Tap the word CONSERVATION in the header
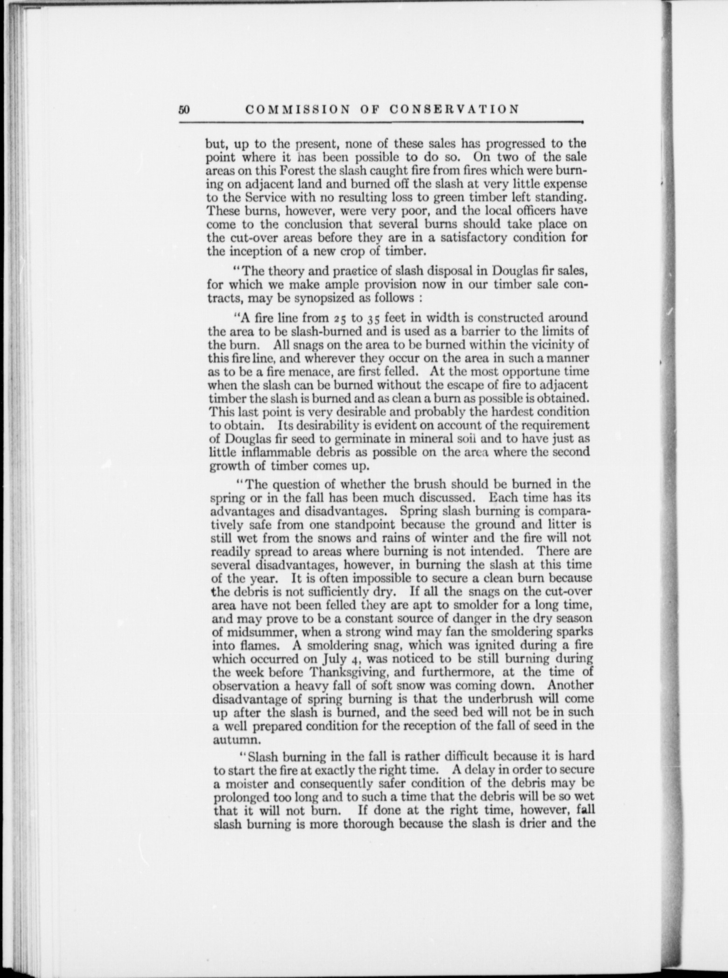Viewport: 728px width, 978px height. (x=454, y=109)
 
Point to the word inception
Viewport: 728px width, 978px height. (x=253, y=251)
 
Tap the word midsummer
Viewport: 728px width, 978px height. (x=259, y=632)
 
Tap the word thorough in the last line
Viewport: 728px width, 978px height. (x=371, y=824)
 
